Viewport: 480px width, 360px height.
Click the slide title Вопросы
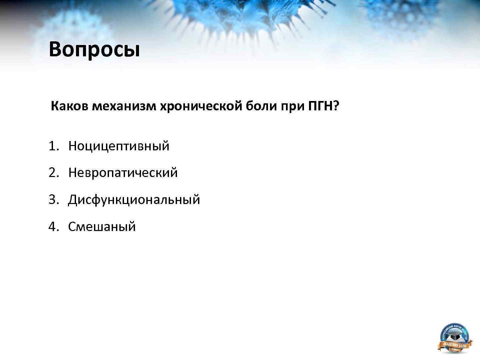click(x=94, y=49)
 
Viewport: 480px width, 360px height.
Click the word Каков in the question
click(x=70, y=106)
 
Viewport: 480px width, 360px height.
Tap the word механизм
click(x=124, y=106)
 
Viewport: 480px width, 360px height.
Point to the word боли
click(x=261, y=106)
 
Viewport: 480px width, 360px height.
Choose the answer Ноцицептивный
click(x=119, y=146)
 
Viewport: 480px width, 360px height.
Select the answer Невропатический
click(x=123, y=173)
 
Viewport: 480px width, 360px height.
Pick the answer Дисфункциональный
click(x=134, y=200)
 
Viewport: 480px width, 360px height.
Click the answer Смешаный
click(x=102, y=227)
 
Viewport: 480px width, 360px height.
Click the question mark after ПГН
click(x=336, y=106)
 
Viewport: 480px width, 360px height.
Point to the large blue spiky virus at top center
click(x=247, y=17)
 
